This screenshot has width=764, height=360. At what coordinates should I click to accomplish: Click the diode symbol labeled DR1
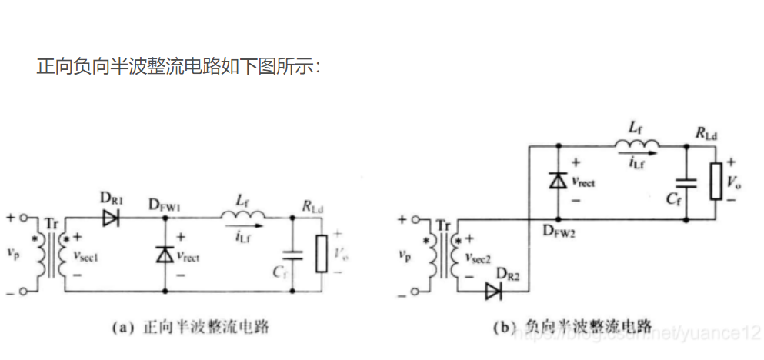(x=109, y=218)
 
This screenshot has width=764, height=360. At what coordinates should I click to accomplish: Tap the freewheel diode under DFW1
(x=165, y=255)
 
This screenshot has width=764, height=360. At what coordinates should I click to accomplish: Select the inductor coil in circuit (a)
(x=244, y=215)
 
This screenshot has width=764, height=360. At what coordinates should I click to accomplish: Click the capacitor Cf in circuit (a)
(x=293, y=255)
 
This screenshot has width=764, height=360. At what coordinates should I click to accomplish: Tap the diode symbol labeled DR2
(x=493, y=292)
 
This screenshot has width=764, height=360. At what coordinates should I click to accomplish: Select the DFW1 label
(x=165, y=204)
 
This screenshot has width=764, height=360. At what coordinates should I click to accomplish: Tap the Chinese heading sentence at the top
(x=178, y=66)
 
